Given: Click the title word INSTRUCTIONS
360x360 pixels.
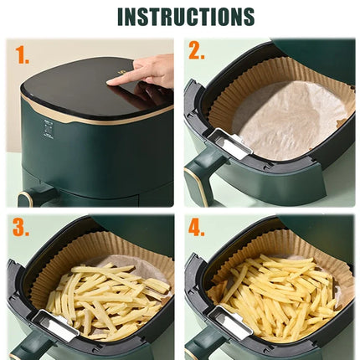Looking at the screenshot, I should click(x=185, y=17).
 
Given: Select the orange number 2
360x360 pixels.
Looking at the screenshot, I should click(x=196, y=52).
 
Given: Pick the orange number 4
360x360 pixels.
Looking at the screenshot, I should click(x=197, y=228).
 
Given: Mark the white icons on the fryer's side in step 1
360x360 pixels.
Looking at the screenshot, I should click(x=49, y=129).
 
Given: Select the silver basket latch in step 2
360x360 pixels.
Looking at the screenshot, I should click(x=229, y=144).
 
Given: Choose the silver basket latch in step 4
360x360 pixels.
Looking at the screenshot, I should click(x=229, y=322).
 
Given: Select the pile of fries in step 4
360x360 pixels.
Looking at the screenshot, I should click(x=280, y=293).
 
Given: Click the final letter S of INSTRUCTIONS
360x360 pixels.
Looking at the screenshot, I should click(x=247, y=17).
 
